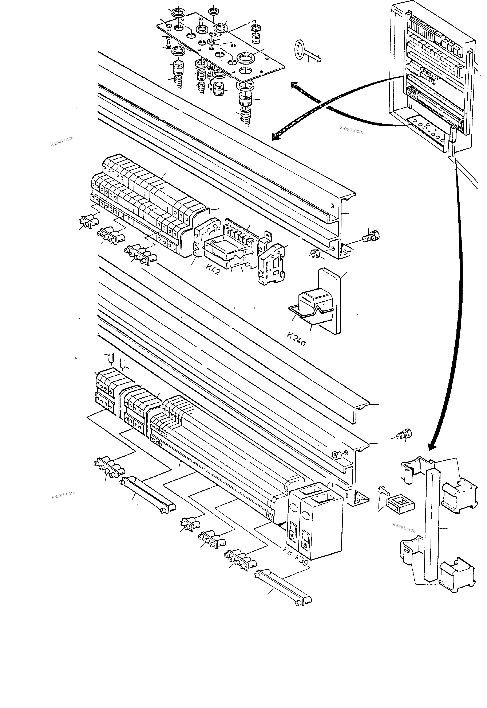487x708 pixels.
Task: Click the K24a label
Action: pos(296,339)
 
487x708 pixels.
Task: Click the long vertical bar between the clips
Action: pos(432,525)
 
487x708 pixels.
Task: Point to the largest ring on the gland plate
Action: pos(246,58)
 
